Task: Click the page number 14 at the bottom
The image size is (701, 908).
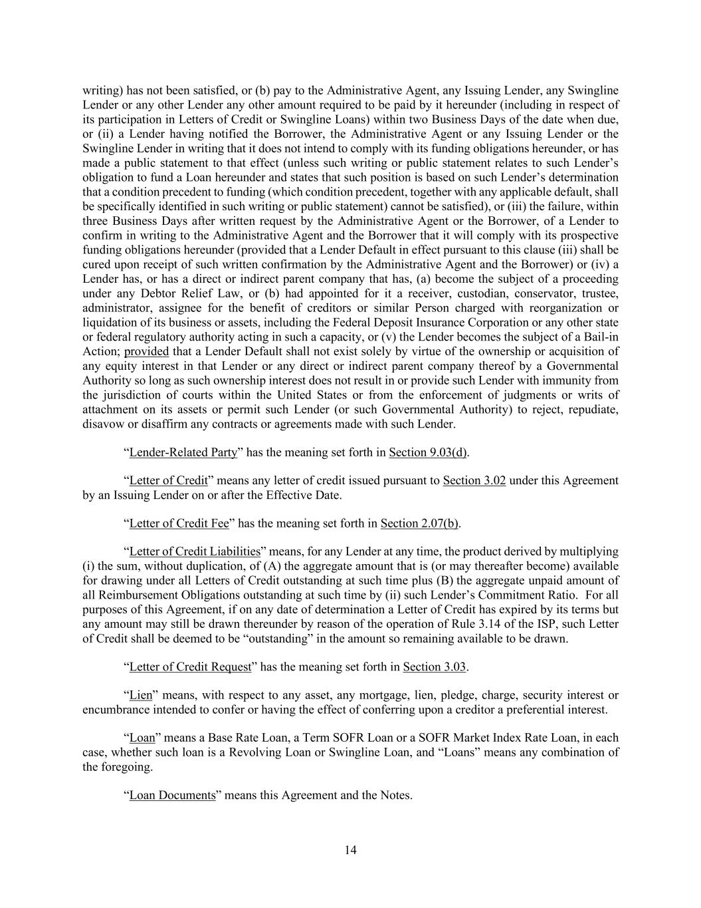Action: click(x=351, y=849)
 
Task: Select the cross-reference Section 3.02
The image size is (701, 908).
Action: click(x=474, y=480)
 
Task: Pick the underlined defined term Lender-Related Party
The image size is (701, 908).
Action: click(x=183, y=452)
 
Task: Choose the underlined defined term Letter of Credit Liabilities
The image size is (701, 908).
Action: click(x=194, y=551)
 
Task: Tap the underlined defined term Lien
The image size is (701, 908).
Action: click(x=140, y=695)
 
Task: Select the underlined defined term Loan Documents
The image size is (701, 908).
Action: click(x=172, y=795)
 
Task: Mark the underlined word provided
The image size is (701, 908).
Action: click(x=146, y=351)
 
